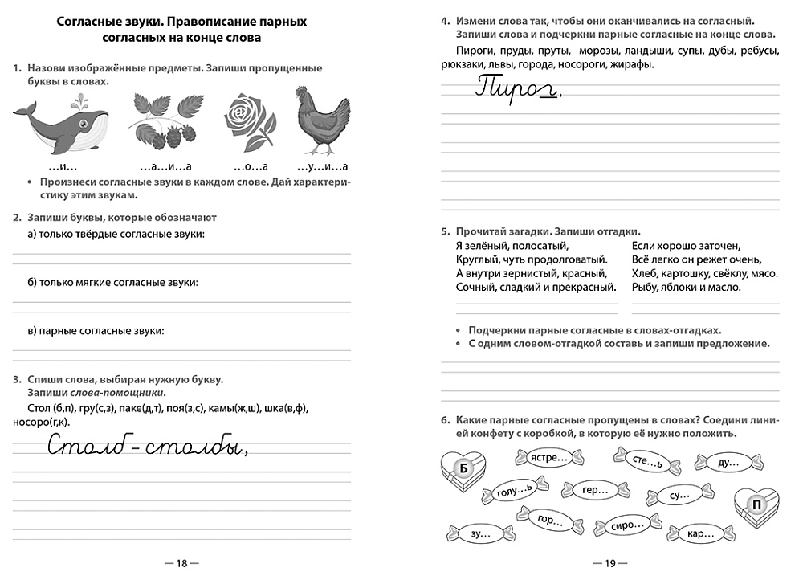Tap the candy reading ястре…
[x=548, y=459]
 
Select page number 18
[x=181, y=564]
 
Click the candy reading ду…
[x=728, y=462]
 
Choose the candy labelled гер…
[x=595, y=491]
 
